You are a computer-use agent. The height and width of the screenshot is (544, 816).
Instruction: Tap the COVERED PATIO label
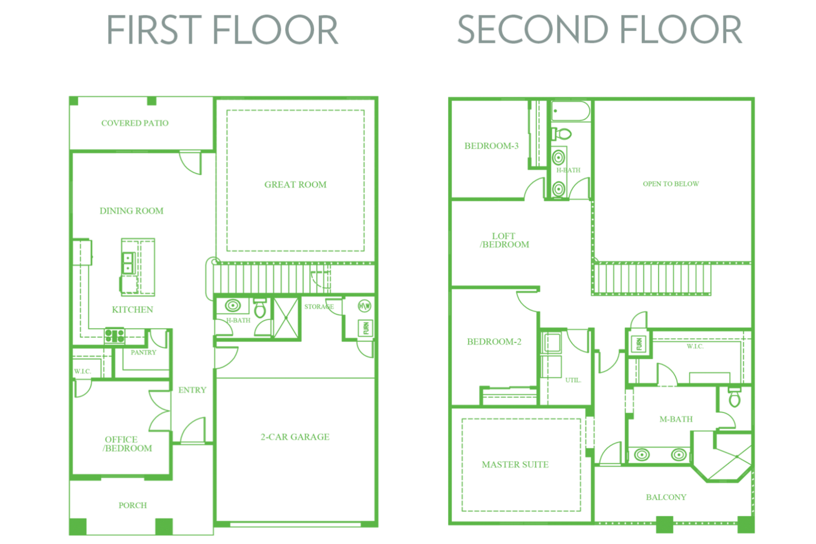pos(135,123)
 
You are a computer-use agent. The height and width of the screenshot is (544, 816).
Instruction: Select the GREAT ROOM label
pos(295,185)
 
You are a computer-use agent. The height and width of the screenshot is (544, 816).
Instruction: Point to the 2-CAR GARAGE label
pos(295,437)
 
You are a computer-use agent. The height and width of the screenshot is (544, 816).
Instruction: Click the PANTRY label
pos(143,352)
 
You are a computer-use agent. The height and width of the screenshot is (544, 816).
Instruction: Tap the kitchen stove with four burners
pos(115,336)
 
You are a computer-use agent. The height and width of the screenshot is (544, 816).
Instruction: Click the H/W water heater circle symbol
pos(364,306)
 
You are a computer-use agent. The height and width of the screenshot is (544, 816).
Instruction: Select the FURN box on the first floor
pos(366,328)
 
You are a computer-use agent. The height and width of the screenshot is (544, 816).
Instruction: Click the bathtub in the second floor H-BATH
pos(570,111)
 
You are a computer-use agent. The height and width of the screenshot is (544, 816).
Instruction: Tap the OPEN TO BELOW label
pos(671,184)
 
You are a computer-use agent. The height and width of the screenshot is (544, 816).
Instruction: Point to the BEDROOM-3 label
pos(491,146)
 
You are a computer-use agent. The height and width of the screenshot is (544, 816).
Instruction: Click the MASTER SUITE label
pos(515,464)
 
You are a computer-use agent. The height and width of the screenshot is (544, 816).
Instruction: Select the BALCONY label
pos(666,497)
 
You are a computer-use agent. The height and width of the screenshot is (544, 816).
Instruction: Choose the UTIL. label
pos(573,380)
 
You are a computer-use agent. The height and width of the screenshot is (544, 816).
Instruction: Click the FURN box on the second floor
pos(639,344)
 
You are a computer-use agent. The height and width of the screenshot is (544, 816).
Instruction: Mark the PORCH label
pos(133,505)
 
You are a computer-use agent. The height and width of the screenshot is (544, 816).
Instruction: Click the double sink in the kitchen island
pos(128,263)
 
